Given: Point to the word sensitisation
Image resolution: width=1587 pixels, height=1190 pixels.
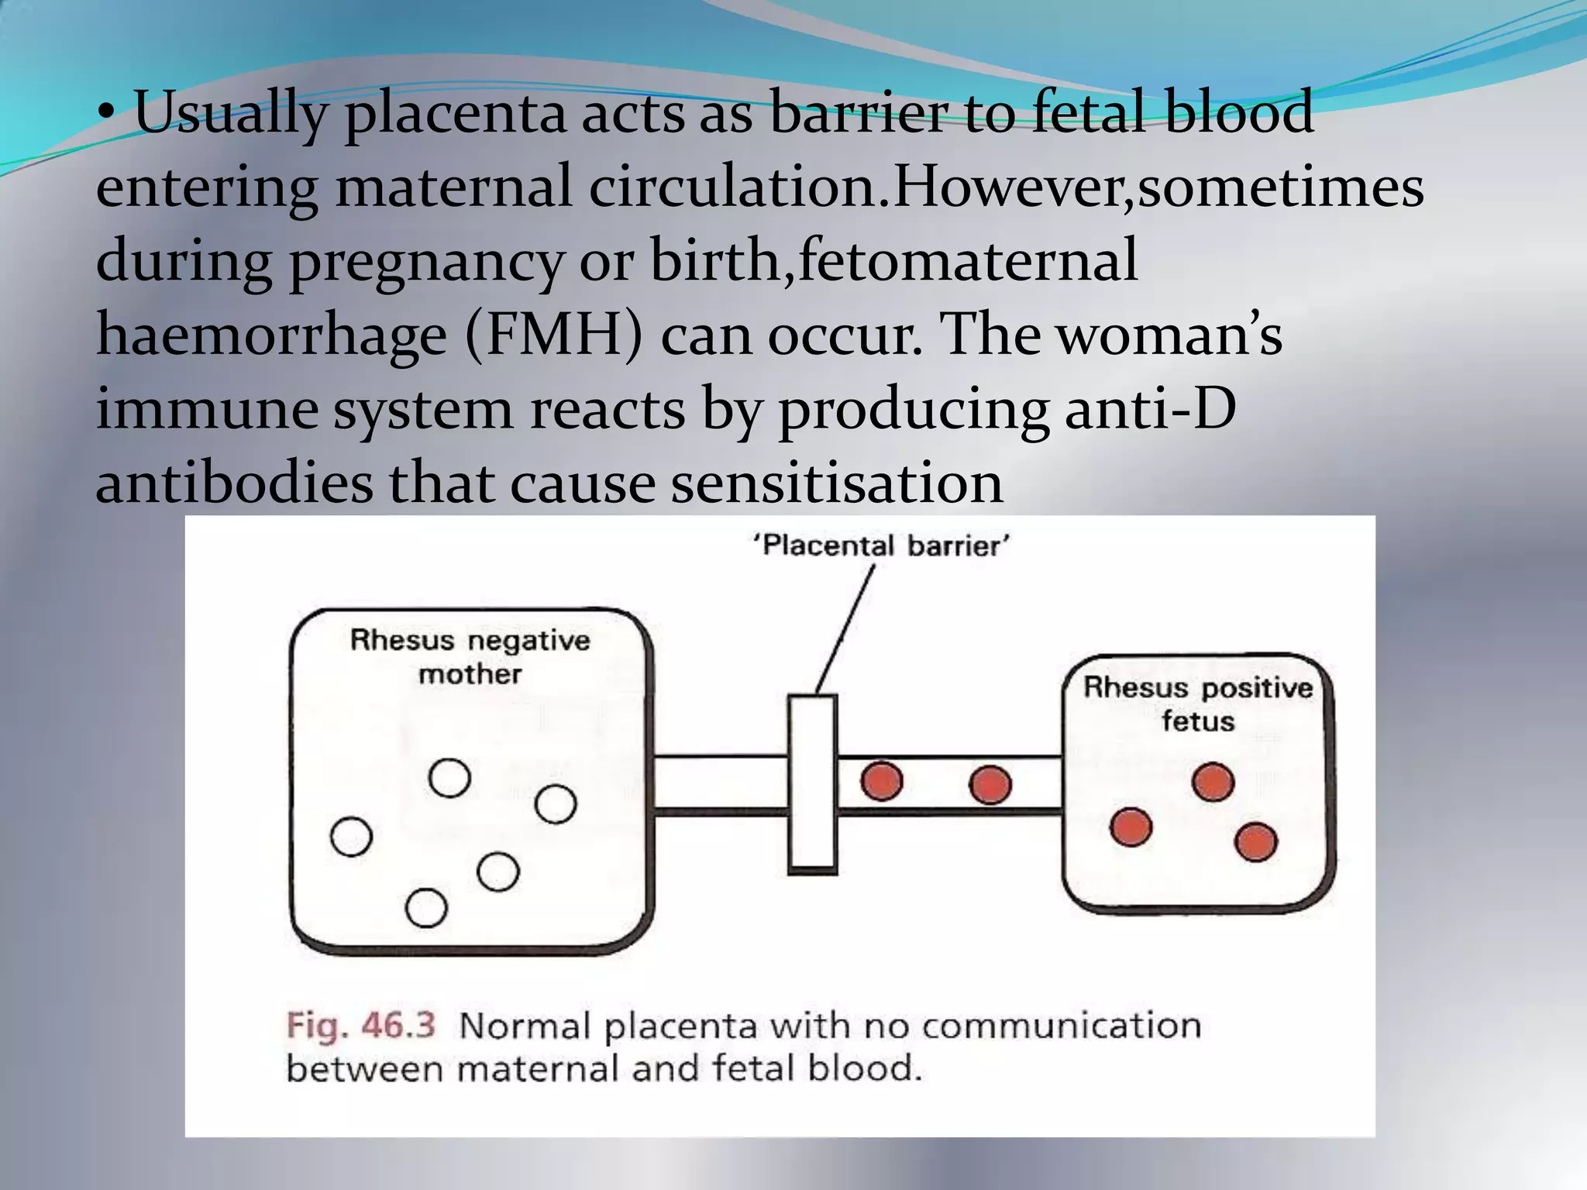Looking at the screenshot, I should coord(837,483).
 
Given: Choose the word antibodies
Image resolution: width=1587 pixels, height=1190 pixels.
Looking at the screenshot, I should coord(233,483).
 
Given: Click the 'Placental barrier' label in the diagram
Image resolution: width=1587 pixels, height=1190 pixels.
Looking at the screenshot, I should coord(881,546).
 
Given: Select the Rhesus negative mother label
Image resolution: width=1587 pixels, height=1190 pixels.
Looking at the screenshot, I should coord(470,657).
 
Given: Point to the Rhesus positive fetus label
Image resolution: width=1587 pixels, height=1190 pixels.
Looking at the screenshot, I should coord(1197,703).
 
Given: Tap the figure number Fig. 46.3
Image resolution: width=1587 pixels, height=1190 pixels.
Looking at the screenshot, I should coord(361,1026).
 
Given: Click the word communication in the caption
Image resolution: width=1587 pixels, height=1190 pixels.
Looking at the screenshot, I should coord(1061,1026).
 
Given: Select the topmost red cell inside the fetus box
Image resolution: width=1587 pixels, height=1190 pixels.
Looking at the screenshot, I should coord(1213,782).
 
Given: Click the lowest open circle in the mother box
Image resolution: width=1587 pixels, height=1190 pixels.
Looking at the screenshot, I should coord(426,908).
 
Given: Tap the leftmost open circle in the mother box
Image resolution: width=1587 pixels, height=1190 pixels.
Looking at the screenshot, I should coord(351,837).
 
